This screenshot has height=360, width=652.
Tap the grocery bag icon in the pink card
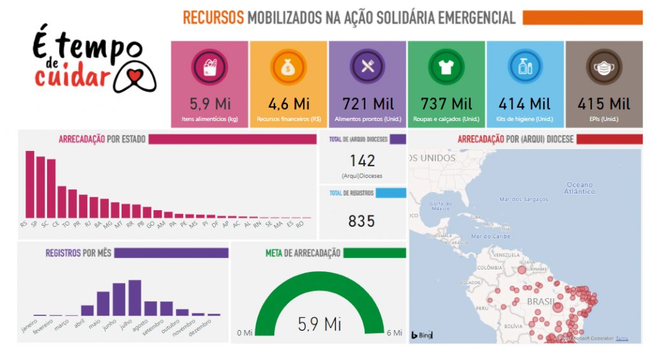tap(209, 66)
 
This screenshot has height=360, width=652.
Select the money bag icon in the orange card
tap(288, 66)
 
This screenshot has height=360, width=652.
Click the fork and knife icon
tap(367, 66)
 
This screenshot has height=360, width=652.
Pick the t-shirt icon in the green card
tap(446, 66)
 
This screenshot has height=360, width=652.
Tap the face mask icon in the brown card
tap(604, 66)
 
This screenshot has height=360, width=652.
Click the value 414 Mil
tap(525, 103)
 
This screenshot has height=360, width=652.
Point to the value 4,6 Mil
tap(288, 103)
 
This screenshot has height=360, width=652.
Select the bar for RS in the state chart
tap(30, 184)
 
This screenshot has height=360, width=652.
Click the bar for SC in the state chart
tap(51, 189)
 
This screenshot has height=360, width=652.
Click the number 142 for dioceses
tap(362, 161)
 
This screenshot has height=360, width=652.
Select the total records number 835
tap(362, 221)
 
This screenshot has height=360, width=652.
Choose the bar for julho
tap(134, 298)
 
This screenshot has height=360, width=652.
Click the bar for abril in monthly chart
tap(87, 310)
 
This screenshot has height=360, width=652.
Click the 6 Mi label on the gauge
tap(395, 333)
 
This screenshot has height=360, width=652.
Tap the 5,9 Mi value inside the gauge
tap(320, 324)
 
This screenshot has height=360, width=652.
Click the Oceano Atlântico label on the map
tap(579, 188)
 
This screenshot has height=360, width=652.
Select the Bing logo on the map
tap(422, 335)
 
